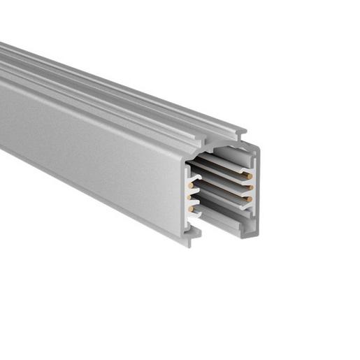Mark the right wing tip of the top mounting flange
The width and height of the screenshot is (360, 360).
tap(245, 131)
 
